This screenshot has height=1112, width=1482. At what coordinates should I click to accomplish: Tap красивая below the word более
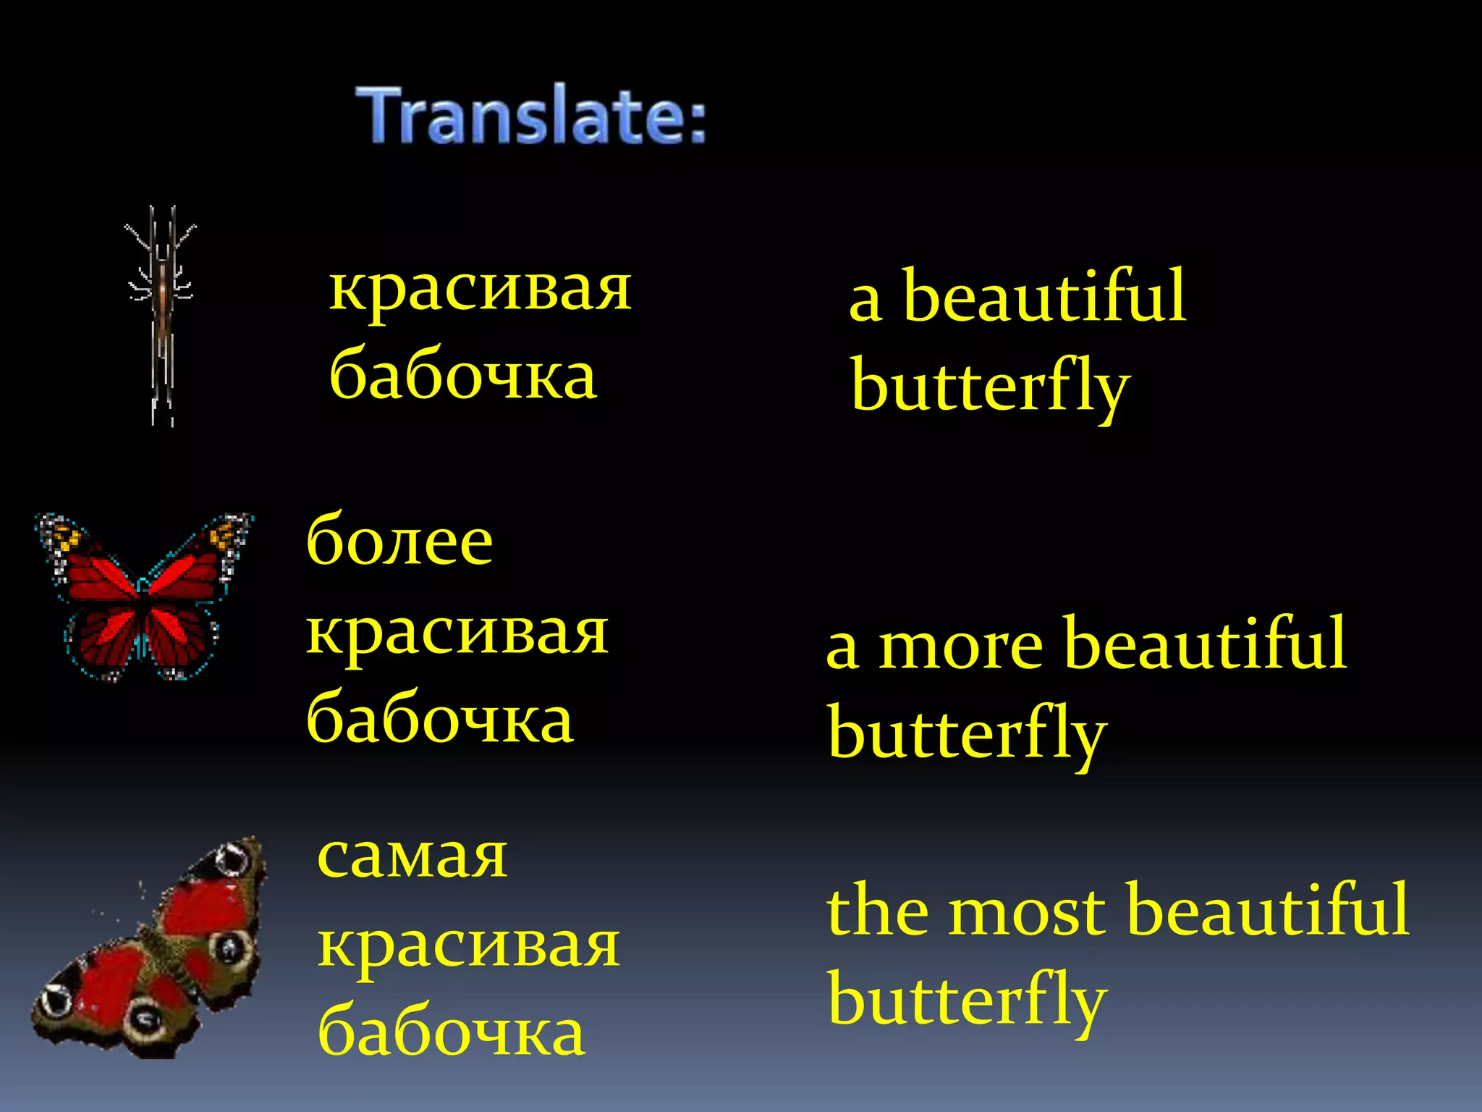click(x=457, y=632)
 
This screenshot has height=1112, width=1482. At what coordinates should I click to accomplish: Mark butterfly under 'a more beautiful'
click(x=967, y=733)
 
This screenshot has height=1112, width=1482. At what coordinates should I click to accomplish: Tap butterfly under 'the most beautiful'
click(x=967, y=1000)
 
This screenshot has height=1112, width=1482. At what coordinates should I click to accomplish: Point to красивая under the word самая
click(x=469, y=945)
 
